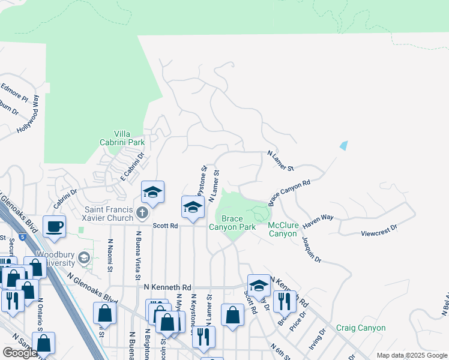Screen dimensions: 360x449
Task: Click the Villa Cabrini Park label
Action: pyautogui.click(x=122, y=138)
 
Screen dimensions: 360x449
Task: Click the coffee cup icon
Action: pyautogui.click(x=54, y=227)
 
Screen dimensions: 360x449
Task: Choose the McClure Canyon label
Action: pyautogui.click(x=283, y=229)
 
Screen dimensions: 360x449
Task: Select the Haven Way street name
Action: pyautogui.click(x=318, y=221)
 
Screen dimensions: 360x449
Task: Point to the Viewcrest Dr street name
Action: pyautogui.click(x=379, y=229)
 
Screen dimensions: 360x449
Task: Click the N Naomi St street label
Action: pyautogui.click(x=110, y=254)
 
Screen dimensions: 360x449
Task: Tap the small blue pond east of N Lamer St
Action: pyautogui.click(x=343, y=145)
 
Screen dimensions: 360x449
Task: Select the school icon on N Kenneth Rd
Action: pyautogui.click(x=259, y=286)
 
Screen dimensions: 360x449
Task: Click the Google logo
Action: pyautogui.click(x=19, y=353)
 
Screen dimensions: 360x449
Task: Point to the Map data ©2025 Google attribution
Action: pyautogui.click(x=411, y=355)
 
